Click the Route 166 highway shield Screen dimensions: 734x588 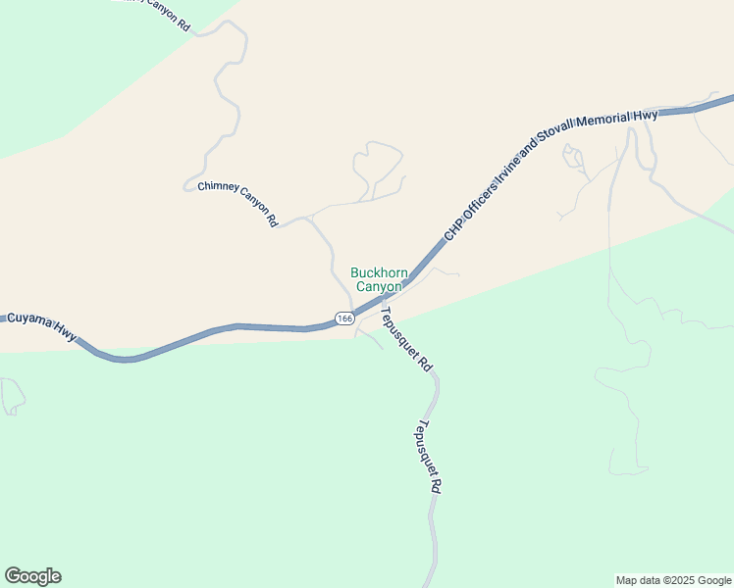[x=343, y=318]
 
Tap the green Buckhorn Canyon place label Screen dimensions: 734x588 [x=378, y=279]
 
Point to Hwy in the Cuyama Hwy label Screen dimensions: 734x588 [x=65, y=333]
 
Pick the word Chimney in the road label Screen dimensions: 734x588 [x=214, y=189]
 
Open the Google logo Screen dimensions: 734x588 [x=32, y=576]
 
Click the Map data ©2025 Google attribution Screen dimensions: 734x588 [x=674, y=580]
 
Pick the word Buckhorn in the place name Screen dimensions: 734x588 [x=378, y=272]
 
